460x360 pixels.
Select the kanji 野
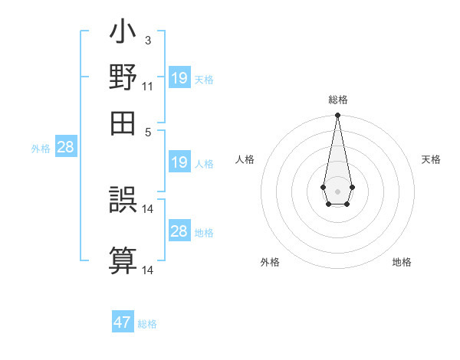tap(123, 79)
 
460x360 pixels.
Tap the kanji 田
tap(123, 123)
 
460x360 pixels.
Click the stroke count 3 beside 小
tap(147, 40)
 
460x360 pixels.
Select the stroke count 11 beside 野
tap(147, 87)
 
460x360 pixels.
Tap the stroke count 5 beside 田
tap(147, 131)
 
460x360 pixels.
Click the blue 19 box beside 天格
tap(179, 77)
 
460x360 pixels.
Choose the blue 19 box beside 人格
tap(179, 162)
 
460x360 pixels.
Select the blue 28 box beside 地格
tap(179, 231)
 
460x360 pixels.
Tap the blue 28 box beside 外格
tap(66, 148)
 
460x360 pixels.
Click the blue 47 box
tap(123, 322)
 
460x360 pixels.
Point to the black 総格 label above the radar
tap(337, 100)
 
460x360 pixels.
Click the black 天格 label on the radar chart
tap(431, 159)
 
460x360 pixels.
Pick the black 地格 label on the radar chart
tap(402, 262)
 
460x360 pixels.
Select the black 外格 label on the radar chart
tap(270, 262)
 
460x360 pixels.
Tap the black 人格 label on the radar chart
tap(245, 159)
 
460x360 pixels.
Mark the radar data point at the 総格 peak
tap(337, 116)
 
